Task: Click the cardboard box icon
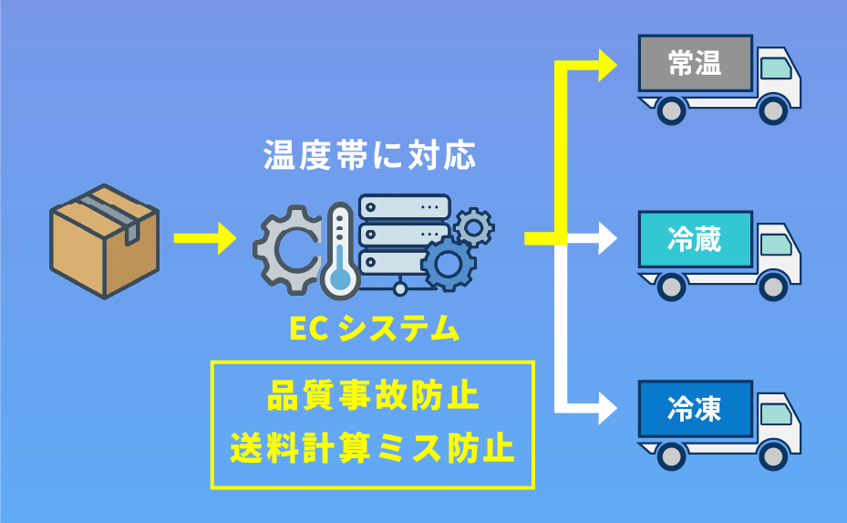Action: pos(103,241)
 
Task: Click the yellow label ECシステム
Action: pos(374,329)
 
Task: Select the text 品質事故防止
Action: pos(373,398)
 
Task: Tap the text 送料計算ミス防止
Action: pos(373,448)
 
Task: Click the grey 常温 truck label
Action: pos(695,64)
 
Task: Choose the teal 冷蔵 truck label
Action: pos(695,240)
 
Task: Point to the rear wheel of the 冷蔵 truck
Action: pos(671,286)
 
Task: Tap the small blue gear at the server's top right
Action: pos(473,225)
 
